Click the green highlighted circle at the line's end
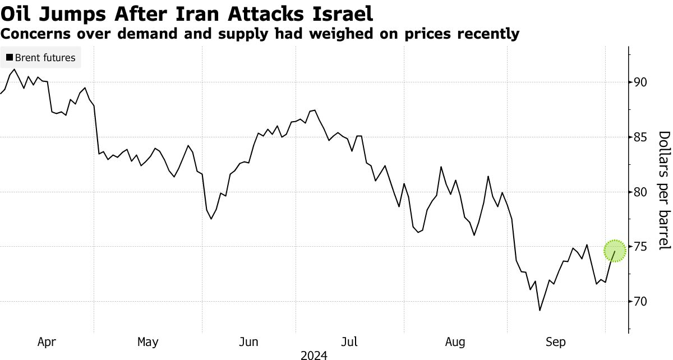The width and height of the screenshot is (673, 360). (x=615, y=251)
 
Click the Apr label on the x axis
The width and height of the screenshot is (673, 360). (x=47, y=341)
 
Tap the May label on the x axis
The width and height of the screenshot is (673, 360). (x=147, y=341)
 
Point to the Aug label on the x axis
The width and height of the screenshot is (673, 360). (x=455, y=341)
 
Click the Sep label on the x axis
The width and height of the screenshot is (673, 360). (x=557, y=341)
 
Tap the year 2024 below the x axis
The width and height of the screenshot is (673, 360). (x=314, y=355)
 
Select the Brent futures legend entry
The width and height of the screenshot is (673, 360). (x=40, y=57)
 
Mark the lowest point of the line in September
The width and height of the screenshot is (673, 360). (x=540, y=310)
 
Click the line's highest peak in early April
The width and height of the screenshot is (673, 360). (x=14, y=70)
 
